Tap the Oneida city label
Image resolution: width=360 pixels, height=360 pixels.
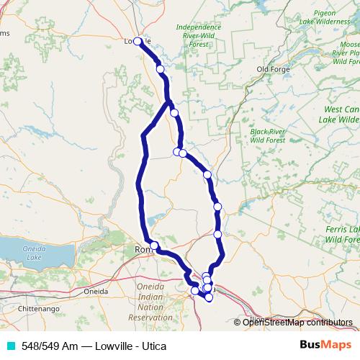(x=96, y=292)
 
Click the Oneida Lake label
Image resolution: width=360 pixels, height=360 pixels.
(x=32, y=253)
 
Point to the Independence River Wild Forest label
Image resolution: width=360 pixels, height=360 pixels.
(x=199, y=36)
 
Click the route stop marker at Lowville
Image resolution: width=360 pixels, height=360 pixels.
(x=137, y=41)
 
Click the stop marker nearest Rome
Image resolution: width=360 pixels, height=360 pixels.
(x=153, y=246)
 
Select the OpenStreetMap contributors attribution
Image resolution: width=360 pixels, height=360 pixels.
(x=297, y=323)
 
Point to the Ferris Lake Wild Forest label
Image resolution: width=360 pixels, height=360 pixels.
(x=342, y=234)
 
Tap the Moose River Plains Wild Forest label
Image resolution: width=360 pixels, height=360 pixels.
(x=346, y=53)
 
